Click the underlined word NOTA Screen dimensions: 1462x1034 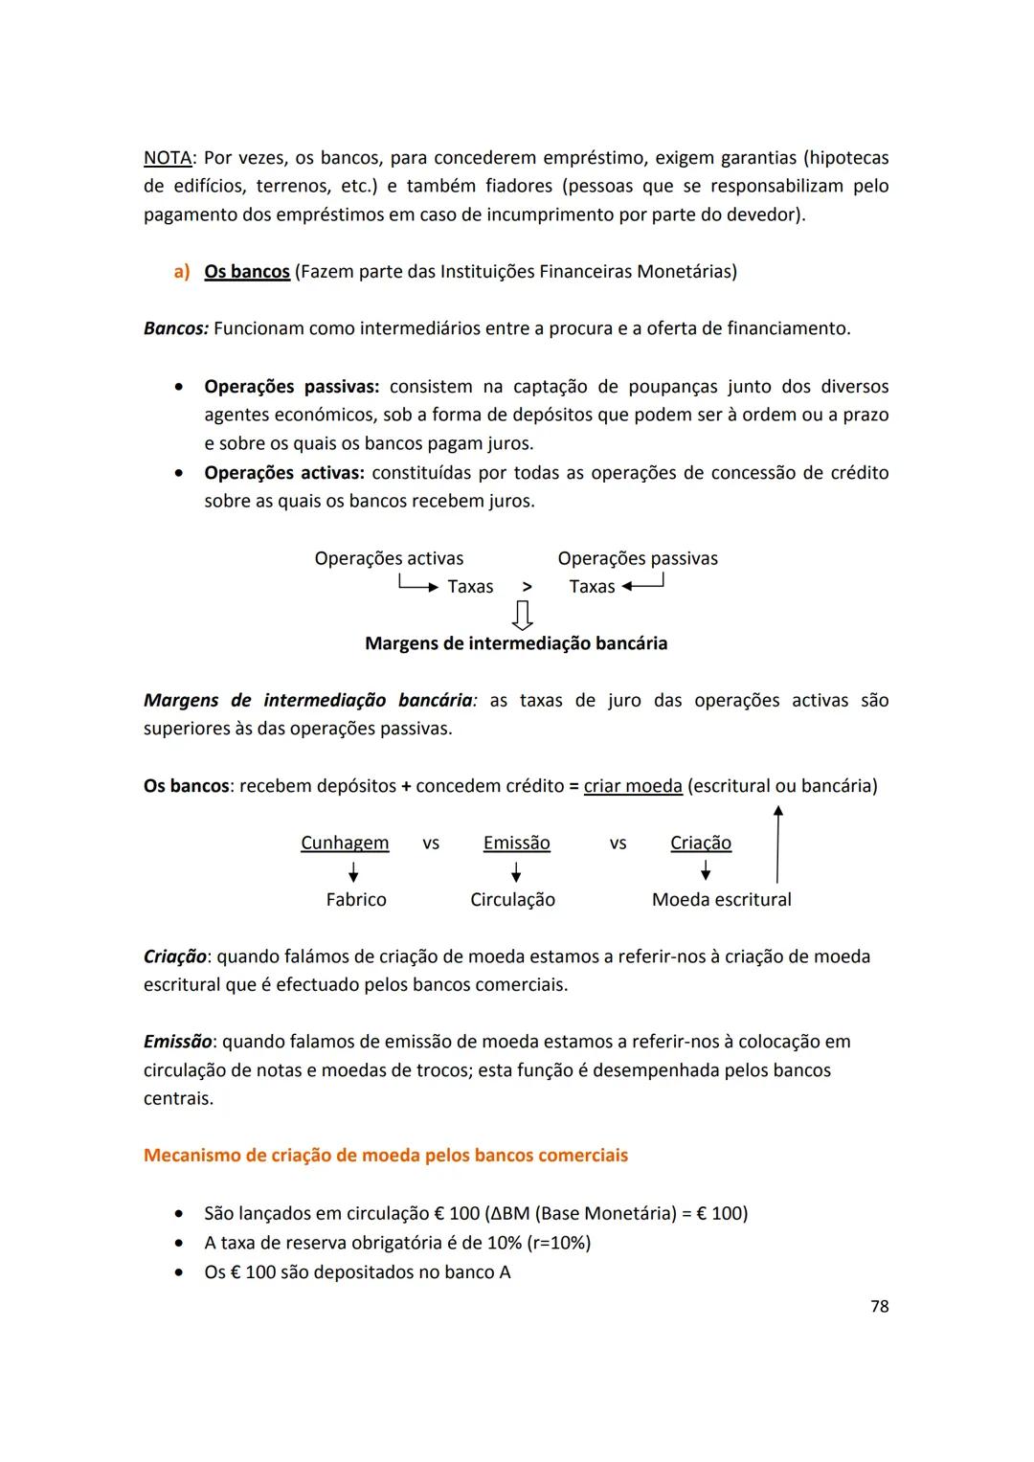(167, 157)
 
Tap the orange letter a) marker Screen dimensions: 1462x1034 (181, 272)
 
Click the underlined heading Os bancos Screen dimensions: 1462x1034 (246, 272)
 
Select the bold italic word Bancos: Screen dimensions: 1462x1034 (175, 328)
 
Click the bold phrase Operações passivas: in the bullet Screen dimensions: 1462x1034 (291, 387)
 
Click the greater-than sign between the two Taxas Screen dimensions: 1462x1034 (527, 587)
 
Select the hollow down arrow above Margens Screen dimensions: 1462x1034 (523, 614)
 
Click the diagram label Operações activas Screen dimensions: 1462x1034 (389, 558)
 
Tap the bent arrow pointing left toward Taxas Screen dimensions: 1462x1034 (643, 584)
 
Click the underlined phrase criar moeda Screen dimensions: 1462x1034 (632, 786)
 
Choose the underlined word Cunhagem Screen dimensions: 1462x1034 (345, 843)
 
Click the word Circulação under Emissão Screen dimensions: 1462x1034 (512, 900)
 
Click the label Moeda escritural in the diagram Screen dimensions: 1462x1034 (721, 900)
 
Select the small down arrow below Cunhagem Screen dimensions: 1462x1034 (353, 871)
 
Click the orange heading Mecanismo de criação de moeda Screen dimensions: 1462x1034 (385, 1156)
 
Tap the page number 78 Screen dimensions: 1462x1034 (879, 1306)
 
